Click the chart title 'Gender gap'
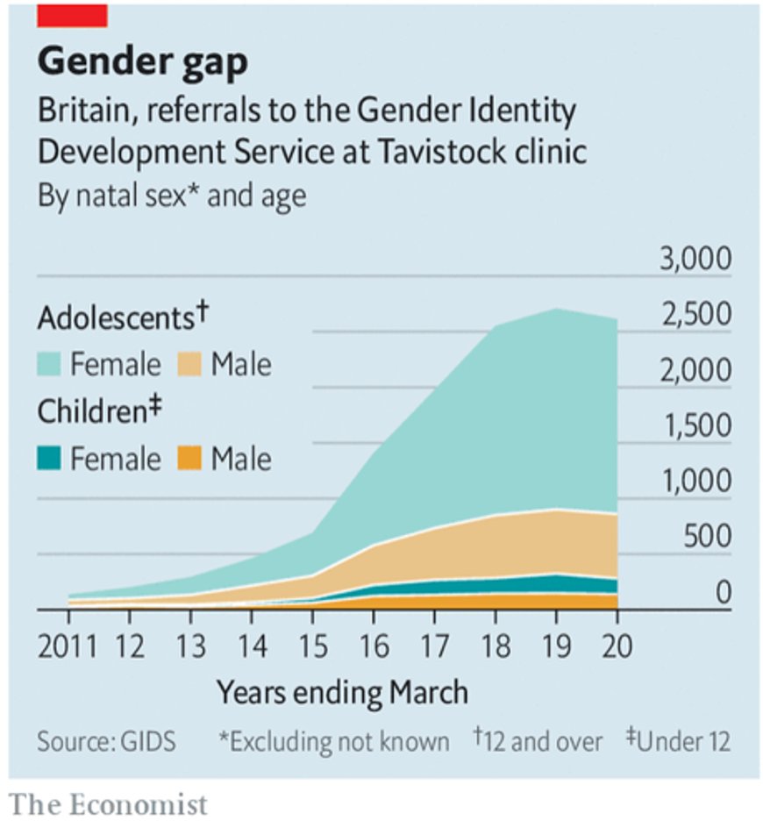(142, 61)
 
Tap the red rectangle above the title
(72, 15)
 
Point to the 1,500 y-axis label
(697, 427)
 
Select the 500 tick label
(706, 538)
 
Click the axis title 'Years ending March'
(342, 693)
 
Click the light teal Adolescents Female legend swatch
(50, 364)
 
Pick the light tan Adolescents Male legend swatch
(189, 364)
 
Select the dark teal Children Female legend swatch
(50, 457)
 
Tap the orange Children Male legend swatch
(189, 457)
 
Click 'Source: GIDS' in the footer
(106, 742)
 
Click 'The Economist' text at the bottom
(109, 803)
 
